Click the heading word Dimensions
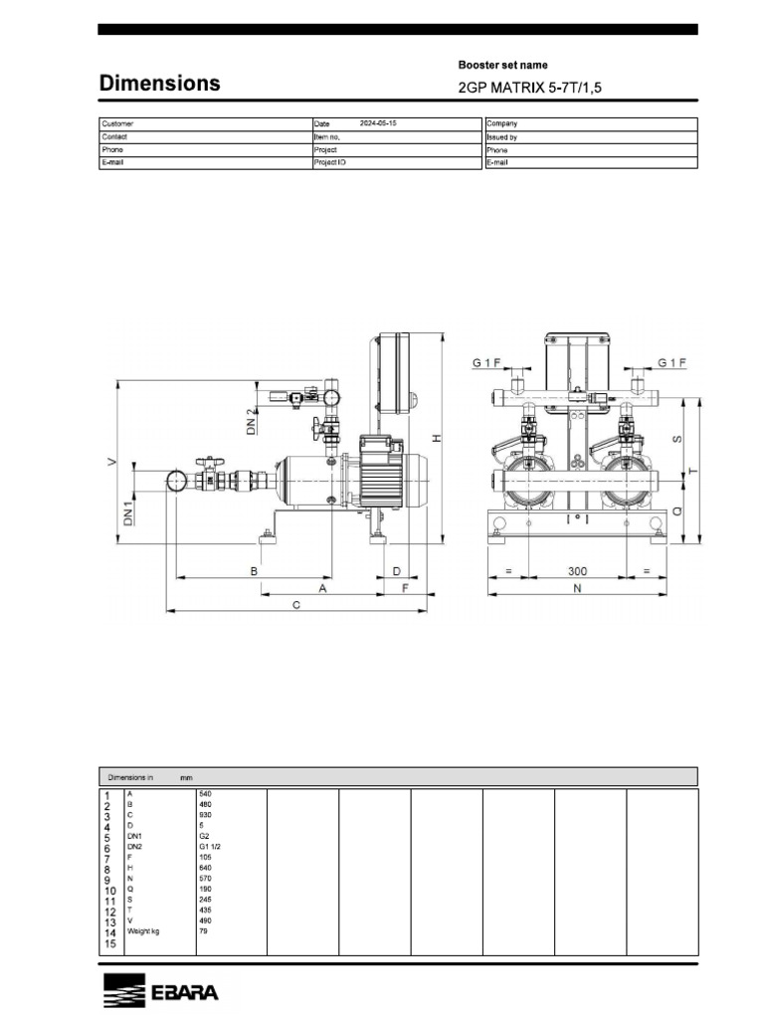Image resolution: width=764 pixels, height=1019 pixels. pyautogui.click(x=159, y=84)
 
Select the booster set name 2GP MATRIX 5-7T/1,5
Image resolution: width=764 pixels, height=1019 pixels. pyautogui.click(x=529, y=88)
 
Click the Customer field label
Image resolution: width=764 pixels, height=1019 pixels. pyautogui.click(x=117, y=124)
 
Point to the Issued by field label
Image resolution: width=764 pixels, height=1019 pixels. pyautogui.click(x=501, y=137)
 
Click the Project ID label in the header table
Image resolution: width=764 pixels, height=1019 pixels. pyautogui.click(x=330, y=161)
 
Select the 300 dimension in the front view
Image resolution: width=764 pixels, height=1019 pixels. pyautogui.click(x=577, y=572)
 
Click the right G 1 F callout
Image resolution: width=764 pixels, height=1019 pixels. pyautogui.click(x=672, y=363)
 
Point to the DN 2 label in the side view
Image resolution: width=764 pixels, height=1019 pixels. pyautogui.click(x=251, y=422)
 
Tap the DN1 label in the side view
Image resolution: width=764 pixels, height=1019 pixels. pyautogui.click(x=127, y=511)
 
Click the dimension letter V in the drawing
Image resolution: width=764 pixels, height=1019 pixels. pyautogui.click(x=112, y=461)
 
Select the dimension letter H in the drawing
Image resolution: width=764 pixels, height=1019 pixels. pyautogui.click(x=435, y=438)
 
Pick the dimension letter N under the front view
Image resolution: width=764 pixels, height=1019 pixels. pyautogui.click(x=576, y=589)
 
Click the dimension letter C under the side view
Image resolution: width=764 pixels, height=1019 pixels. pyautogui.click(x=297, y=604)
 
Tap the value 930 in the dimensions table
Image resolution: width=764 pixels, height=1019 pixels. pyautogui.click(x=206, y=815)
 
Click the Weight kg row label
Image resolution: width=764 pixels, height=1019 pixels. pyautogui.click(x=143, y=931)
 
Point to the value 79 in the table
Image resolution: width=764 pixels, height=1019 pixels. pyautogui.click(x=204, y=931)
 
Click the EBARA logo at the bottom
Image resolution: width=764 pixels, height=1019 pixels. pyautogui.click(x=160, y=992)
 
